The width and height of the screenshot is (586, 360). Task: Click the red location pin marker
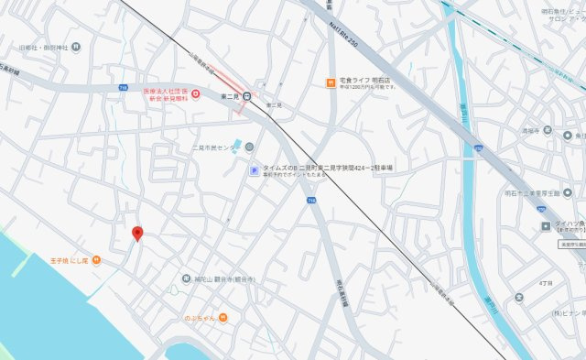[x=137, y=233]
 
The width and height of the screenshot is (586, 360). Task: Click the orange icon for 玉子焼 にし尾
[x=96, y=260]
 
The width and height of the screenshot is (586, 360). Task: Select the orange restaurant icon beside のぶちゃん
[x=222, y=318]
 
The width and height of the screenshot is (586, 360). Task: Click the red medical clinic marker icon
[x=195, y=93]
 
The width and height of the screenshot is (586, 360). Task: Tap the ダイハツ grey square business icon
[x=547, y=224]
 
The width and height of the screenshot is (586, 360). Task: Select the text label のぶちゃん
[x=199, y=318]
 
